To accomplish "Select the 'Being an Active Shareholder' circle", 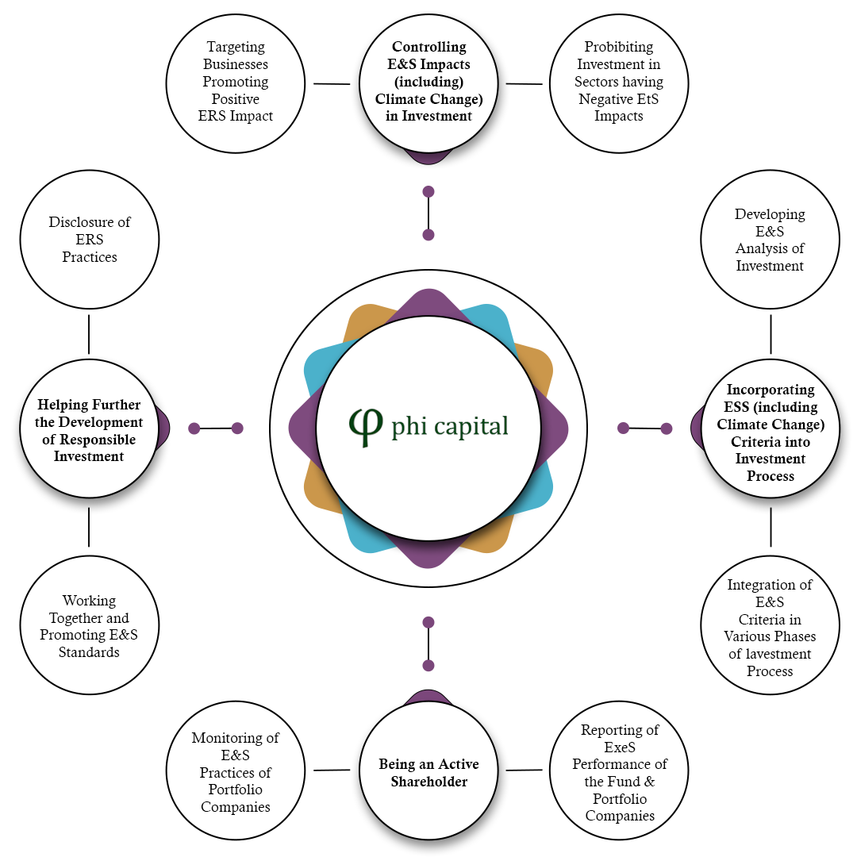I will [x=428, y=771].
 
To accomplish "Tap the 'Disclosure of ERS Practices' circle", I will [x=89, y=240].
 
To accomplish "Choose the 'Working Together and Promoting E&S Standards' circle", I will [x=89, y=626].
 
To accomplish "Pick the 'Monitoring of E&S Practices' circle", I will [x=235, y=772].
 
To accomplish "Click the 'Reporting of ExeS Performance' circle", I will [x=619, y=771].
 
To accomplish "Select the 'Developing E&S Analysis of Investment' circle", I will [x=770, y=240].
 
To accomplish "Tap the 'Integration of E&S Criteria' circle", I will [x=770, y=627].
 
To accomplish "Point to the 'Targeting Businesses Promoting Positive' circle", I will [x=235, y=83].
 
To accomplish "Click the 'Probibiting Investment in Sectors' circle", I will [x=619, y=83].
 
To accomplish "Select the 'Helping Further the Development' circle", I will [x=89, y=428].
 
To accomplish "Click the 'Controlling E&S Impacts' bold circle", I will [x=428, y=83].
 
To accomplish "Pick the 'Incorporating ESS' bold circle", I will [x=770, y=432].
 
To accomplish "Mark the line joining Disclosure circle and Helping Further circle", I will [x=89, y=334].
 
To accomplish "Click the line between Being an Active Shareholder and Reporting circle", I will [x=524, y=770].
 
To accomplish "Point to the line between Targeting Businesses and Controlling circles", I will [x=332, y=83].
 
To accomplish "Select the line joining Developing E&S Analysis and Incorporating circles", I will [x=771, y=334].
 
